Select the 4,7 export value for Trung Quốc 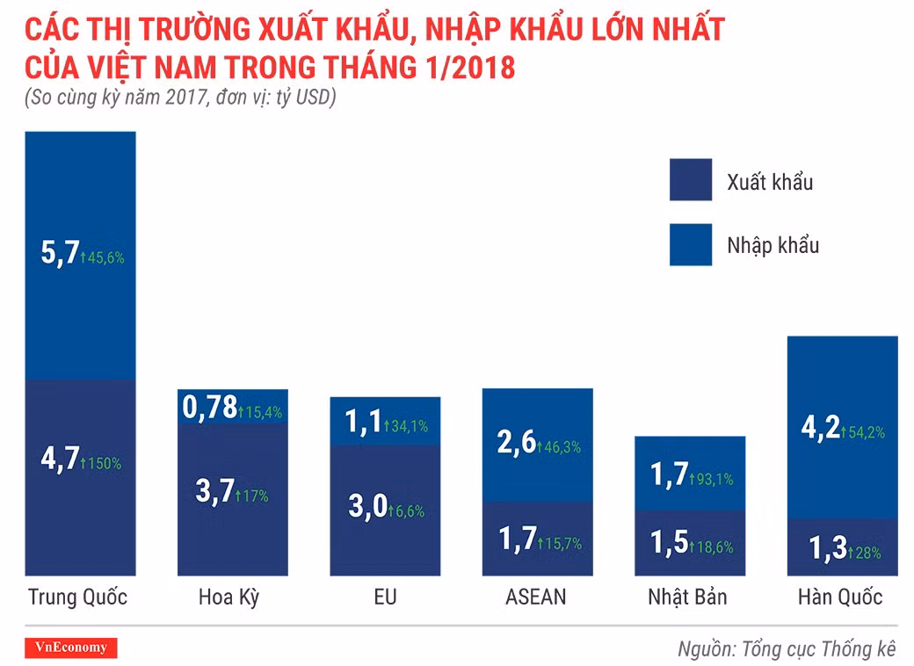pyautogui.click(x=60, y=460)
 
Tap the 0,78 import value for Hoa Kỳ pyautogui.click(x=210, y=408)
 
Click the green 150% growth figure pyautogui.click(x=101, y=463)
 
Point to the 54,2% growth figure pyautogui.click(x=863, y=432)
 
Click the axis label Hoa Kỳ pyautogui.click(x=228, y=597)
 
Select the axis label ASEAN pyautogui.click(x=536, y=597)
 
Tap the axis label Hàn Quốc pyautogui.click(x=839, y=597)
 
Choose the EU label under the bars pyautogui.click(x=385, y=597)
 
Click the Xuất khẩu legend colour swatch pyautogui.click(x=690, y=180)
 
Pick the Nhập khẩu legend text pyautogui.click(x=773, y=244)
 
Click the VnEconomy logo pyautogui.click(x=71, y=648)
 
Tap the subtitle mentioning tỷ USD pyautogui.click(x=180, y=98)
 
